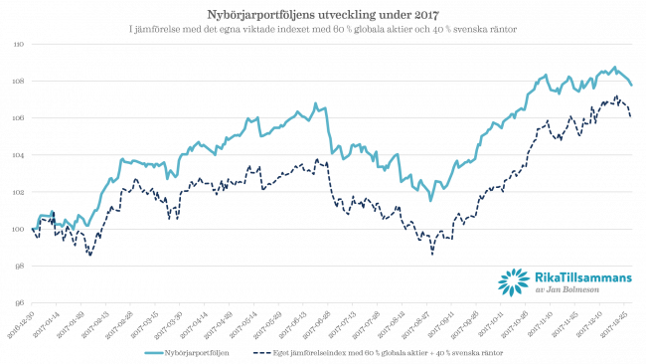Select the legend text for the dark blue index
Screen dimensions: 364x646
click(389, 352)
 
